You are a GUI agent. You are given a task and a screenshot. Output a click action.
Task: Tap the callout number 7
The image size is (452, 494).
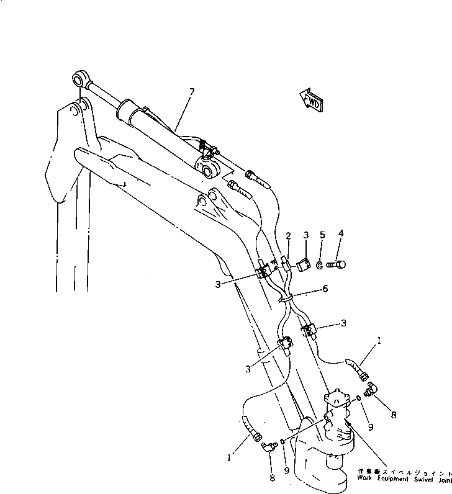191,92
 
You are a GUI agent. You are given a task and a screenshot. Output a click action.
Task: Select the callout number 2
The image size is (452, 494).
288,236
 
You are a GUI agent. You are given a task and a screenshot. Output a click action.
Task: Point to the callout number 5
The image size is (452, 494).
322,235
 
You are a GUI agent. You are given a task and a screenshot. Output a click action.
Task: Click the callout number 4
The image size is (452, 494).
340,235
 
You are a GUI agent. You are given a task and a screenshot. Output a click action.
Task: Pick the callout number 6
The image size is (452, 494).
325,289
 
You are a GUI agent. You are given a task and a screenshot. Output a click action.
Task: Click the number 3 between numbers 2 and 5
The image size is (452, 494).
305,236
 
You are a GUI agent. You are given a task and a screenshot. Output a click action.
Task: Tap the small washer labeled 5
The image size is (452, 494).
319,265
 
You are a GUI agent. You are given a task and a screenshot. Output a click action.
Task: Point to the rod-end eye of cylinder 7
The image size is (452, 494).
79,79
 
